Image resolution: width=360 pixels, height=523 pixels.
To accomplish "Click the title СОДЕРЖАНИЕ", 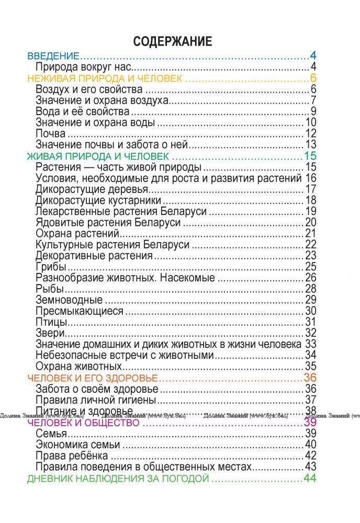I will tap(173, 42).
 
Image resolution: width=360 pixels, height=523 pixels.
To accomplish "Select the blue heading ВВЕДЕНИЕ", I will tap(53, 55).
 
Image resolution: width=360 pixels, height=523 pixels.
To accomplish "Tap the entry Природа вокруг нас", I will tap(83, 67).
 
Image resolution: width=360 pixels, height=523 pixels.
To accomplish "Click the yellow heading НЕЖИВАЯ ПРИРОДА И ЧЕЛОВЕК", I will tap(104, 78).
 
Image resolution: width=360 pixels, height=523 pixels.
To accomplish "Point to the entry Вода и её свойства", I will tap(83, 111).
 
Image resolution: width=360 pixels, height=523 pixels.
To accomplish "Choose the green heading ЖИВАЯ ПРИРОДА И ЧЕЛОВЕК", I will tap(98, 156).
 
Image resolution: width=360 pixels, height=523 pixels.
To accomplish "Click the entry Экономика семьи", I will tap(78, 445).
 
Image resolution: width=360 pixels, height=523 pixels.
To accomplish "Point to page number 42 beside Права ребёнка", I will tap(311, 456).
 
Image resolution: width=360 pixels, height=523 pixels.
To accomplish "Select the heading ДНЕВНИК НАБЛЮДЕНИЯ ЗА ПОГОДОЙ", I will tap(118, 479).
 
